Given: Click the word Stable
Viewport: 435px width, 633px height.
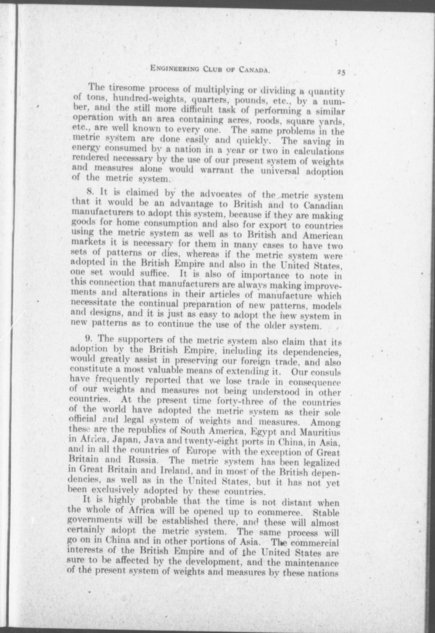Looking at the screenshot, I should pyautogui.click(x=326, y=513).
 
